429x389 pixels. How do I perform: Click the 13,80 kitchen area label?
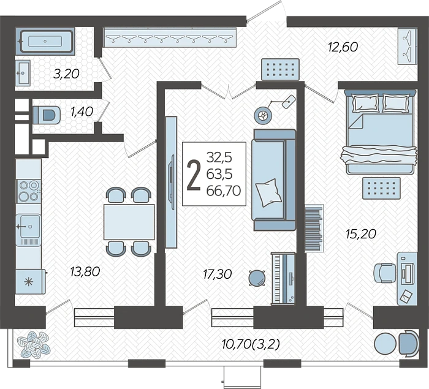(85, 271)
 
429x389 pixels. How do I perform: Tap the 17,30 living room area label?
(218, 274)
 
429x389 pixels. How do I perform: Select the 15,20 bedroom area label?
(361, 234)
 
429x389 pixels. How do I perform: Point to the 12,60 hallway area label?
(343, 47)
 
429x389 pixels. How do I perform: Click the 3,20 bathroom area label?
(66, 74)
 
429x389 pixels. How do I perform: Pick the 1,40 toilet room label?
(82, 111)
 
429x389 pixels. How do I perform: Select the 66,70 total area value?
(224, 191)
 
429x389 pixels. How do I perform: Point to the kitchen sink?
(29, 226)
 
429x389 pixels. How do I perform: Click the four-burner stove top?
(29, 191)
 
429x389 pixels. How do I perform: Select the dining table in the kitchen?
(129, 222)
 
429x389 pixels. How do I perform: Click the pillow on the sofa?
(268, 192)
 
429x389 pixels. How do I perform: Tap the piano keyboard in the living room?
(283, 278)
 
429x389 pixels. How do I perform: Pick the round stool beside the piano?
(257, 278)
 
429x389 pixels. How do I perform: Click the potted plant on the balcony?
(34, 345)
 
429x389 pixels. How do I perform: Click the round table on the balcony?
(385, 344)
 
